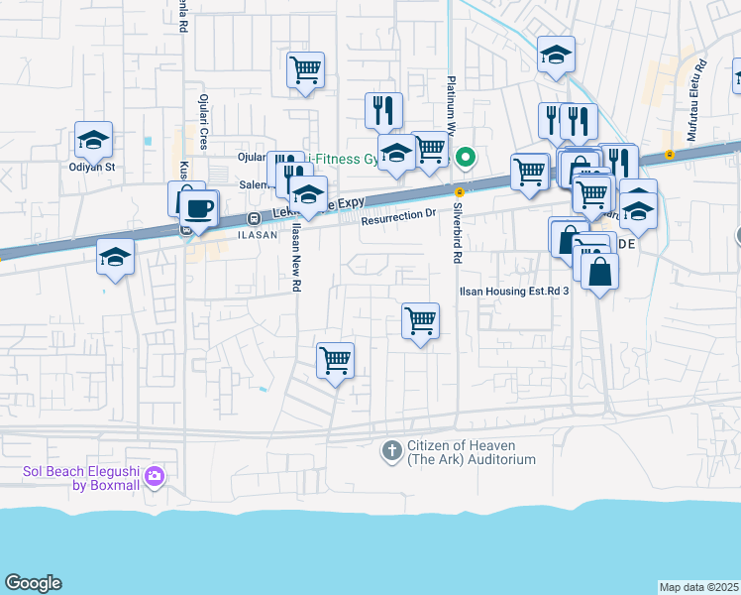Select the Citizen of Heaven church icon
point(392,451)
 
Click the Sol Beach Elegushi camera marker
point(154,477)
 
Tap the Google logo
point(33,583)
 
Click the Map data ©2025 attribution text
point(699,587)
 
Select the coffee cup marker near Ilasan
point(200,207)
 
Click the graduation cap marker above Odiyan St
point(93,141)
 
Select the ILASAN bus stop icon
point(255,219)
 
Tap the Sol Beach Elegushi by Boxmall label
point(85,477)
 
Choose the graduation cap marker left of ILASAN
point(116,258)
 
